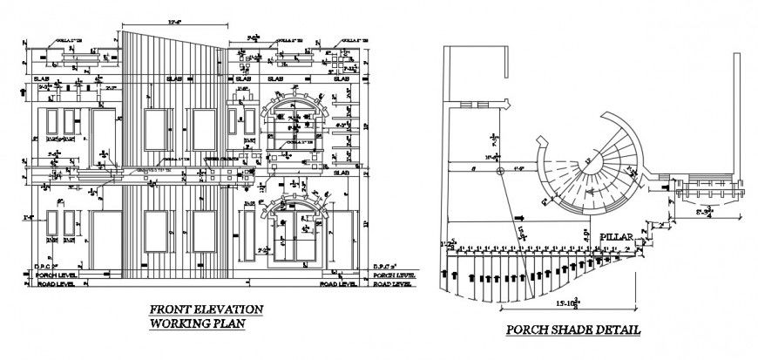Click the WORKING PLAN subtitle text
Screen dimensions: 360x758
point(196,323)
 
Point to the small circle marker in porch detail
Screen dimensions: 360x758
point(499,172)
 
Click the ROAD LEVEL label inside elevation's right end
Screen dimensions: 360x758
point(337,284)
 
